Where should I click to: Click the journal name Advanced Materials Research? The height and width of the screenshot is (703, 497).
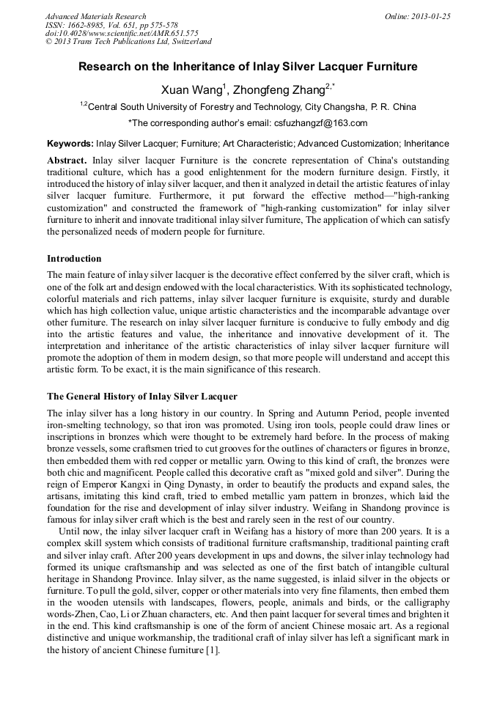[96, 16]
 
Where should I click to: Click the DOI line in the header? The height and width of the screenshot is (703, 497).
[122, 33]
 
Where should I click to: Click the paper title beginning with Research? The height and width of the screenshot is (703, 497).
[248, 67]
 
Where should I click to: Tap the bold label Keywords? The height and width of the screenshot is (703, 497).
[70, 144]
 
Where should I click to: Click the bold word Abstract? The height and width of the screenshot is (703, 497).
[67, 160]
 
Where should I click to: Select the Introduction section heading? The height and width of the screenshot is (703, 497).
[74, 259]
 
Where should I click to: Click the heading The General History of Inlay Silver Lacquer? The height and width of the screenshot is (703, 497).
[142, 397]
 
